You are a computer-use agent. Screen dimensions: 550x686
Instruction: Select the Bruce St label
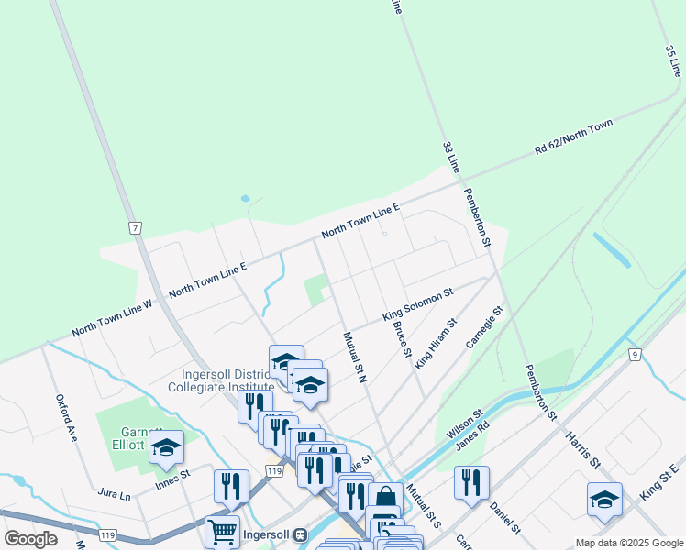click(401, 339)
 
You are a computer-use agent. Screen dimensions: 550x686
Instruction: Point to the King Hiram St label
click(436, 344)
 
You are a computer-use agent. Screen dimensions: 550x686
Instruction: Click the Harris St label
click(581, 449)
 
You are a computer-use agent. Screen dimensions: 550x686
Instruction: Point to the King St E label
click(658, 482)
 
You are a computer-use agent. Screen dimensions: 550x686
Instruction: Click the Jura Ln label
click(114, 494)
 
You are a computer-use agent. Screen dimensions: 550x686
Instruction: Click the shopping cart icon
click(222, 531)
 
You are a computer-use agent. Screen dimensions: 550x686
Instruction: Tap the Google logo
click(31, 538)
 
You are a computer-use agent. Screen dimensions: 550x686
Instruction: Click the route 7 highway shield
click(134, 227)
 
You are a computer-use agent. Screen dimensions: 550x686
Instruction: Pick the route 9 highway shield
click(634, 353)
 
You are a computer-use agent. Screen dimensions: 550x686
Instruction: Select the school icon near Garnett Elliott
click(166, 447)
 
